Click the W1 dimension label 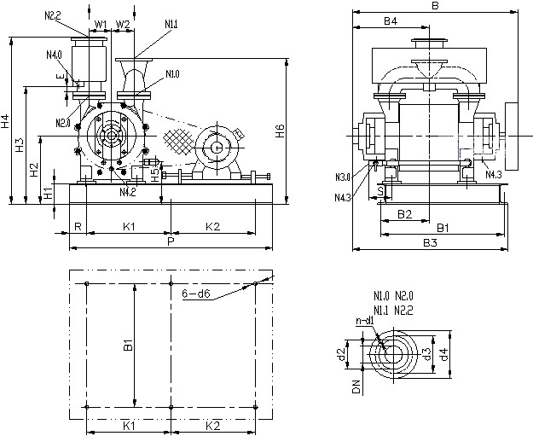pyautogui.click(x=100, y=23)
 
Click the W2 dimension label pyautogui.click(x=123, y=23)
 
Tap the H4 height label pyautogui.click(x=6, y=121)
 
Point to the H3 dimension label pyautogui.click(x=20, y=144)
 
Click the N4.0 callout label pyautogui.click(x=55, y=55)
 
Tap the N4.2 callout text pyautogui.click(x=128, y=192)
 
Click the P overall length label pyautogui.click(x=171, y=241)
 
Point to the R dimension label pyautogui.click(x=78, y=226)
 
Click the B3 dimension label pyautogui.click(x=431, y=243)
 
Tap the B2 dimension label pyautogui.click(x=405, y=213)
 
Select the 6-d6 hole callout pyautogui.click(x=196, y=293)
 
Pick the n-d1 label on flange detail pyautogui.click(x=363, y=321)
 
